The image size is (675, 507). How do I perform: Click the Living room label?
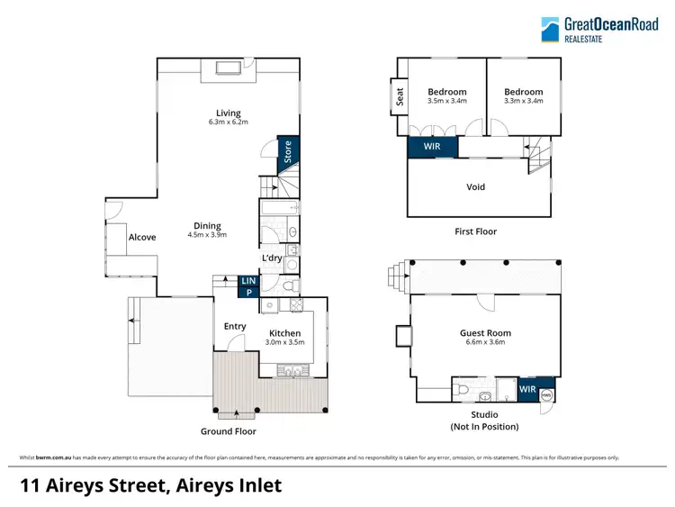(x=228, y=113)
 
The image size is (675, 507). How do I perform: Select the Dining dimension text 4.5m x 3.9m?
(x=207, y=235)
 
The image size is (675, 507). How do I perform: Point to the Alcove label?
(x=142, y=238)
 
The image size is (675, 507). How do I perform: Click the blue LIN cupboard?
(x=248, y=282)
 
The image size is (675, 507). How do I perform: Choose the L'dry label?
(x=272, y=258)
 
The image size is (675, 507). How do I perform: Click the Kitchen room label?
(x=285, y=333)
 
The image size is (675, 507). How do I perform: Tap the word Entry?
(x=235, y=326)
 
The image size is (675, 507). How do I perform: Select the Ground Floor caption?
(x=229, y=431)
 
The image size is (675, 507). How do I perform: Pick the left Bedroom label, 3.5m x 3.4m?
(x=447, y=92)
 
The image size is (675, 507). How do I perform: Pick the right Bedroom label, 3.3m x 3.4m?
(x=524, y=92)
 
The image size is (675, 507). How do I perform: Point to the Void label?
(x=476, y=187)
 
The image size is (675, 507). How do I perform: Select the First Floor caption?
(x=475, y=231)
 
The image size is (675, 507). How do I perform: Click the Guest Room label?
(x=485, y=333)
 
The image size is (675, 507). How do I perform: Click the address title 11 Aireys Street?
(x=151, y=485)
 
